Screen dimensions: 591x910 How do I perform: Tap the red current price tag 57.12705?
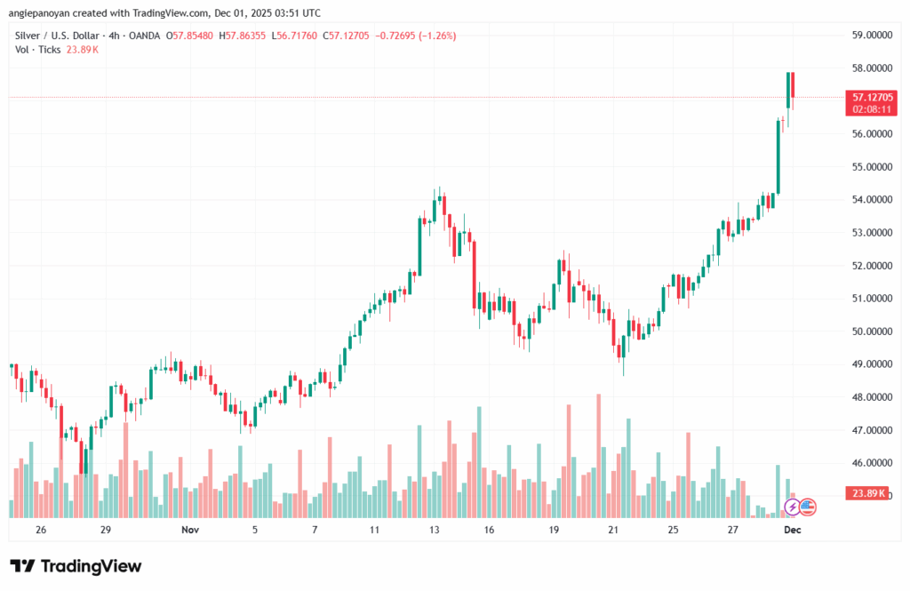871,97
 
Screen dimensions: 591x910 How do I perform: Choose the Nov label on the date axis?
189,529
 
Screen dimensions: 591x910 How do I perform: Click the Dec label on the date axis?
793,529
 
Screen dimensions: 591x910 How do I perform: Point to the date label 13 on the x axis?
435,529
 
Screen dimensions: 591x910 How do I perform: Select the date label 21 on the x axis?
613,529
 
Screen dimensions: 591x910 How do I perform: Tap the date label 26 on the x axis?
41,529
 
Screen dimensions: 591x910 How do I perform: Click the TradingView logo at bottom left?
76,566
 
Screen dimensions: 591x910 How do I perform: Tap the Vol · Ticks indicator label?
38,50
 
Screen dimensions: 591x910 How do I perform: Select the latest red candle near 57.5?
793,84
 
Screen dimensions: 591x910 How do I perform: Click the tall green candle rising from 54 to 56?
778,156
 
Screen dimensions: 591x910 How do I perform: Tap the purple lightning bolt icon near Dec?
791,507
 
